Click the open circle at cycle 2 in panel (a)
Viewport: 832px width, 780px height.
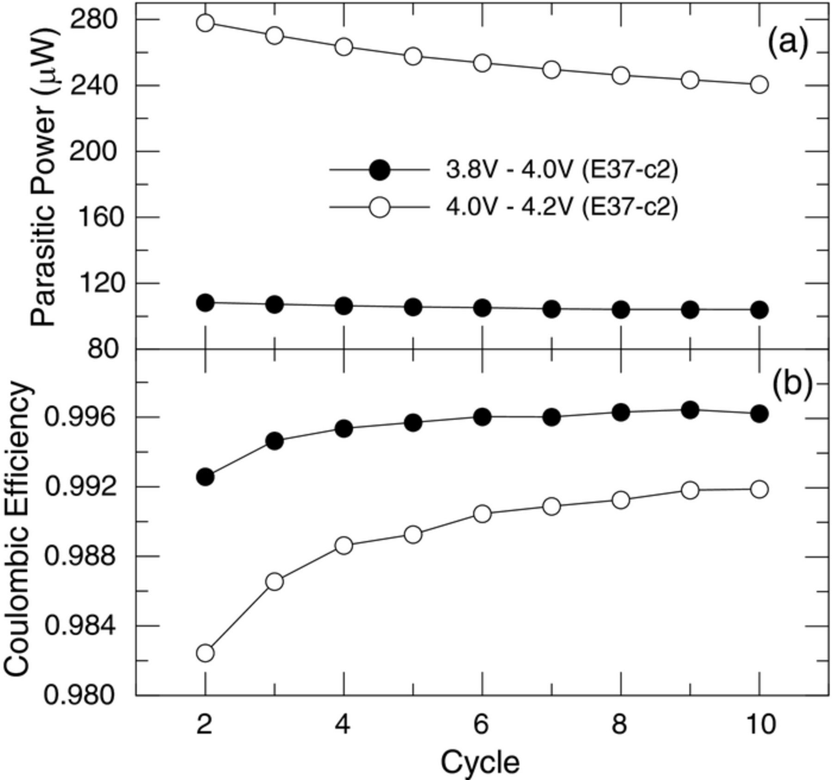[205, 23]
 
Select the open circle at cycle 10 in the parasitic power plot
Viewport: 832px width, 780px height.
[759, 85]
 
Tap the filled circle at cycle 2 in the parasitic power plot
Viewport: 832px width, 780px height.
[205, 303]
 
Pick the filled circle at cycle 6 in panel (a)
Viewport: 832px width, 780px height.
[482, 307]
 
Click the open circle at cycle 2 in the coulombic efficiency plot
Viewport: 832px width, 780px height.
[205, 653]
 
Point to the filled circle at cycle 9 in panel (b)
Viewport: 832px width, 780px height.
[690, 410]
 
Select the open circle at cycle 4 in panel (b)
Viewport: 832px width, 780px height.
[344, 546]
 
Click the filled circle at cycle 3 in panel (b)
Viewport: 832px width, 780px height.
[275, 441]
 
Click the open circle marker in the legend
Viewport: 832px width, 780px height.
[380, 208]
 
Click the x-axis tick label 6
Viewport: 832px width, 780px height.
[481, 724]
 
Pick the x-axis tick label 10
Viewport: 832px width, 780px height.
[759, 724]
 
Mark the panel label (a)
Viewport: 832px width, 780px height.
[788, 43]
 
